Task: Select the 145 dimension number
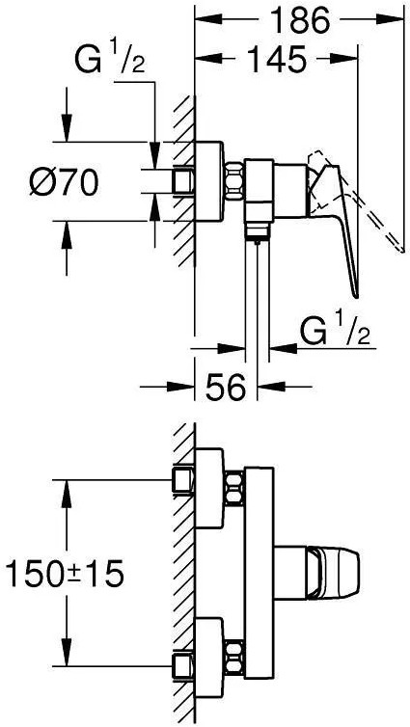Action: pyautogui.click(x=277, y=59)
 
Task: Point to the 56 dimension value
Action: pyautogui.click(x=226, y=387)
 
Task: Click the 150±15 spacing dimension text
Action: pyautogui.click(x=65, y=573)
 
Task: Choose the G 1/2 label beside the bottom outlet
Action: pyautogui.click(x=335, y=332)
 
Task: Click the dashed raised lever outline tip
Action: pyautogui.click(x=401, y=251)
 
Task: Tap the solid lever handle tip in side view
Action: pyautogui.click(x=356, y=296)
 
